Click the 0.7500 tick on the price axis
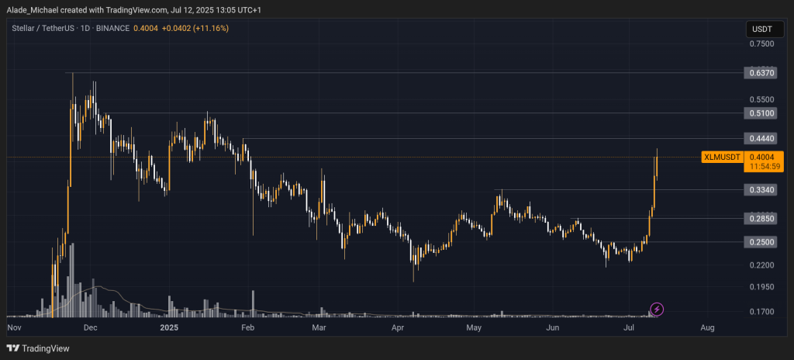click(x=761, y=44)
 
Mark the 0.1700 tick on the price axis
click(x=761, y=312)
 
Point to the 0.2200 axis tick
click(x=761, y=265)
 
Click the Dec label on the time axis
click(x=90, y=328)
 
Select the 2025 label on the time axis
click(x=169, y=328)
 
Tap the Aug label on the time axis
click(x=707, y=328)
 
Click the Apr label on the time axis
click(x=398, y=328)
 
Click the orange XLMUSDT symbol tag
click(x=720, y=157)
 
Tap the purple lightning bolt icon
click(x=657, y=310)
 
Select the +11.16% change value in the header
click(x=212, y=28)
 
